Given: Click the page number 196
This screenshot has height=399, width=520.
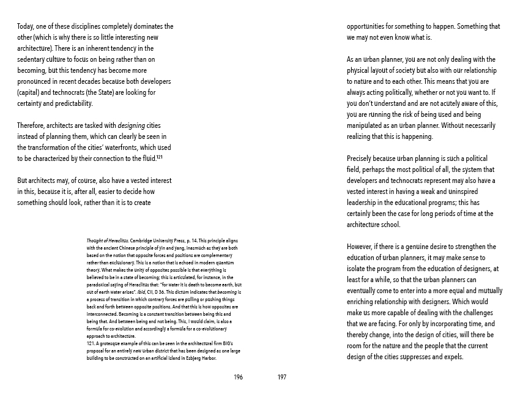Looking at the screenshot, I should click(239, 377).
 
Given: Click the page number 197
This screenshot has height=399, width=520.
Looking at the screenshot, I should click(282, 377).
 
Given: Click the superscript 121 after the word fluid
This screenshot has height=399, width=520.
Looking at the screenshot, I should click(158, 157).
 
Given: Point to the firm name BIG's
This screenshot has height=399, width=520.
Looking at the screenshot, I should click(225, 344).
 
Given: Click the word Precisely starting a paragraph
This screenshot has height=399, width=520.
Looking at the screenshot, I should click(362, 158).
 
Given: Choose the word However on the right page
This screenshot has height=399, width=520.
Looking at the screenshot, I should click(362, 247).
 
